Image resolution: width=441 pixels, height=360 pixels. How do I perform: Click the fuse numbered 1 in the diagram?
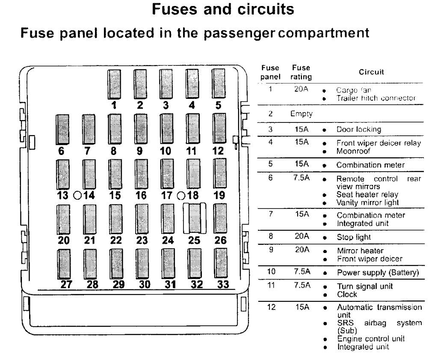pyautogui.click(x=115, y=83)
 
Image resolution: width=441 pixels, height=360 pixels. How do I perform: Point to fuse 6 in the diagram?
pyautogui.click(x=63, y=129)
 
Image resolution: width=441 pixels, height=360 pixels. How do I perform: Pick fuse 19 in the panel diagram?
pyautogui.click(x=220, y=174)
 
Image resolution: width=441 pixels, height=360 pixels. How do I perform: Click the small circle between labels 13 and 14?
pyautogui.click(x=77, y=195)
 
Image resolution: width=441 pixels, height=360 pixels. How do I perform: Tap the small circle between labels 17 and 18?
pyautogui.click(x=180, y=195)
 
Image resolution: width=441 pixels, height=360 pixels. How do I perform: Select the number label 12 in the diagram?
pyautogui.click(x=218, y=151)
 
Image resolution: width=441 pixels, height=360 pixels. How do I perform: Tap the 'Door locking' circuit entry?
pyautogui.click(x=358, y=129)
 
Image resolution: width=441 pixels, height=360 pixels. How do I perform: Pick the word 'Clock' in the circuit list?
pyautogui.click(x=347, y=295)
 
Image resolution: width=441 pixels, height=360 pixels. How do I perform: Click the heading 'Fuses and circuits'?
pyautogui.click(x=220, y=9)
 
